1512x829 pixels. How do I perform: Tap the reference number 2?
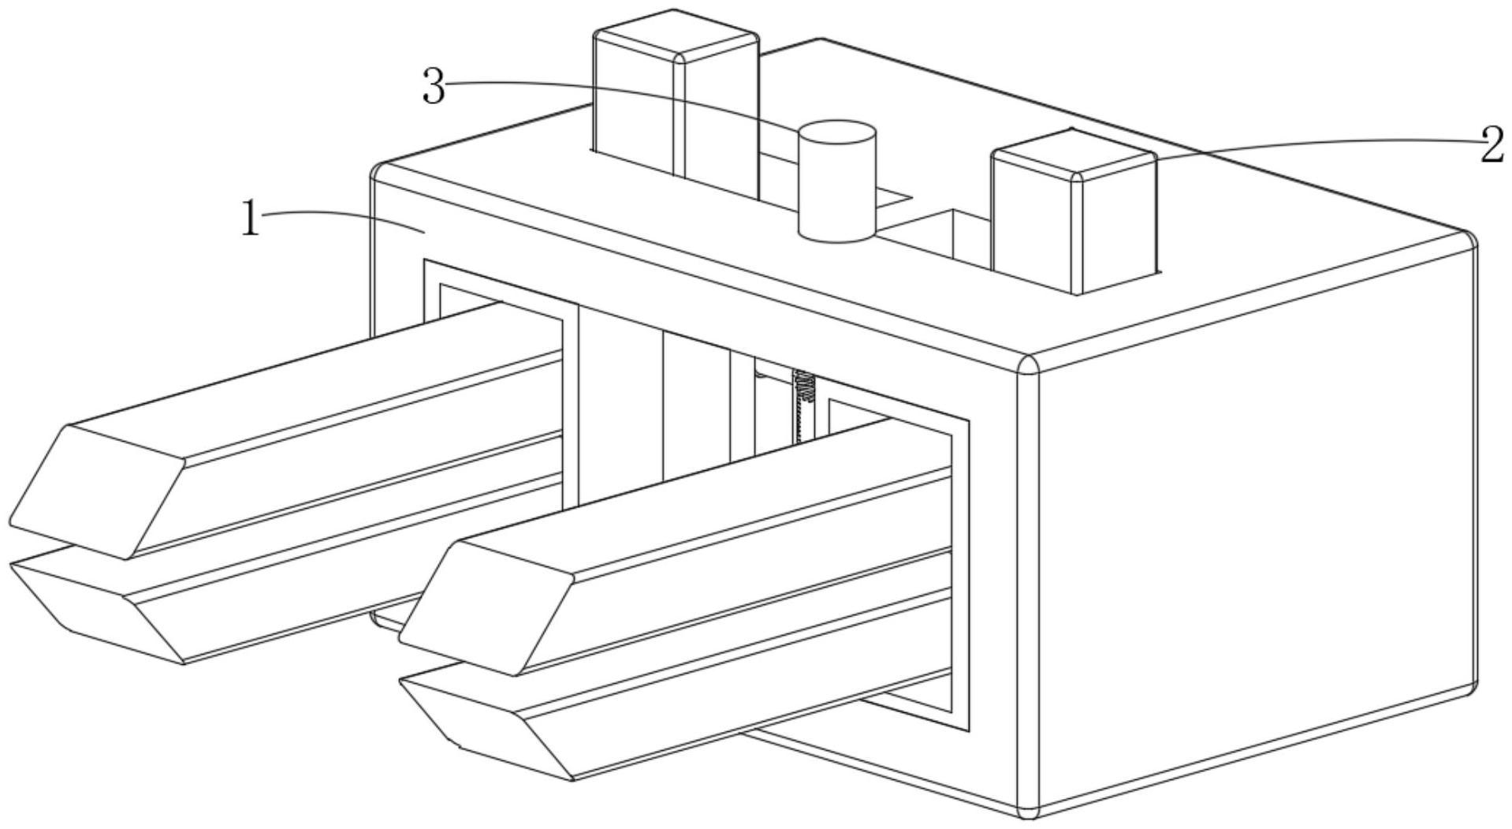pyautogui.click(x=1492, y=146)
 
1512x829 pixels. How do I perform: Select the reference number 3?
pyautogui.click(x=434, y=87)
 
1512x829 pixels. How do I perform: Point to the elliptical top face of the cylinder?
pyautogui.click(x=836, y=133)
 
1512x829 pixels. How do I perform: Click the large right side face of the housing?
pyautogui.click(x=1253, y=536)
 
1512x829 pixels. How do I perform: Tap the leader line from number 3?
pyautogui.click(x=631, y=93)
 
